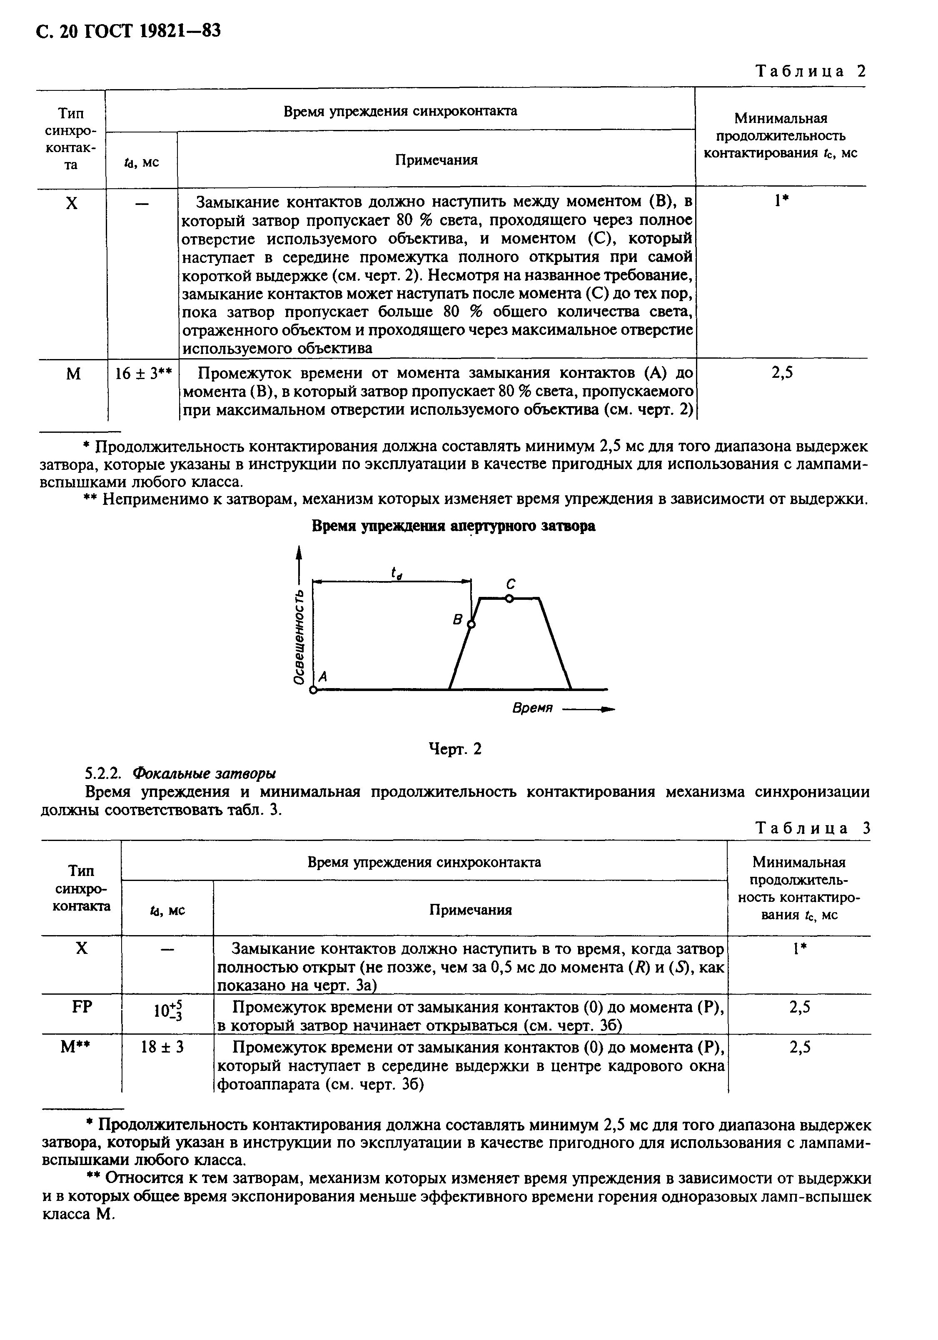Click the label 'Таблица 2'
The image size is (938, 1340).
[x=810, y=71]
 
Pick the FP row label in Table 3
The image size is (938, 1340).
[x=81, y=1007]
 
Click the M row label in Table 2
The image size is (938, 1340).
[x=72, y=374]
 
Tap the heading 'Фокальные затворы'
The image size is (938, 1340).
[x=204, y=774]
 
